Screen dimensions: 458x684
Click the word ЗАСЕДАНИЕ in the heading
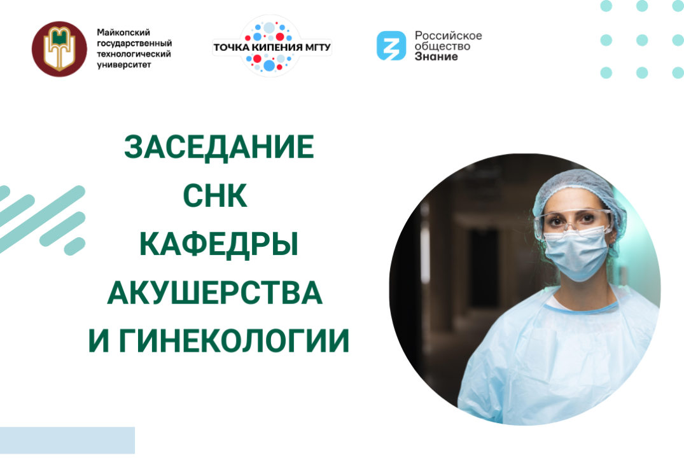pos(219,148)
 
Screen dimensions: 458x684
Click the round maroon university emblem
pos(59,49)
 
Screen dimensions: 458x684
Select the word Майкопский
pos(120,32)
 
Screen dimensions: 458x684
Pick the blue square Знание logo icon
pos(391,46)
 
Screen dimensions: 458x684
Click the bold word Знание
pos(436,57)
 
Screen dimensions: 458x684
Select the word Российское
pos(448,35)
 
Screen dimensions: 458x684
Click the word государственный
pos(134,43)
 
